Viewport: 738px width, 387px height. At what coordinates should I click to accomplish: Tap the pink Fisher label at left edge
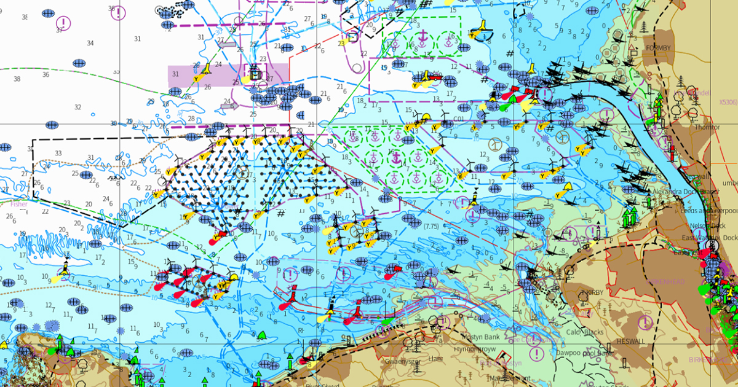(x=18, y=203)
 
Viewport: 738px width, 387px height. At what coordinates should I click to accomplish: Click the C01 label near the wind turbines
(x=458, y=119)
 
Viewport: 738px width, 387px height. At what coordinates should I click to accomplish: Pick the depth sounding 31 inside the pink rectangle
(x=176, y=74)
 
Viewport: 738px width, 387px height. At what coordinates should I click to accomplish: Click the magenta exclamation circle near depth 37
(x=66, y=23)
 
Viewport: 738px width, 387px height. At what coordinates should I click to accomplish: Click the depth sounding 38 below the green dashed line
(x=17, y=79)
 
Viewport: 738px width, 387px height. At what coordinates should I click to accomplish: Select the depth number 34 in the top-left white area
(x=90, y=43)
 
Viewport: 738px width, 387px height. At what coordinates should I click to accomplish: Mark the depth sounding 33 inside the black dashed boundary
(x=58, y=153)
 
